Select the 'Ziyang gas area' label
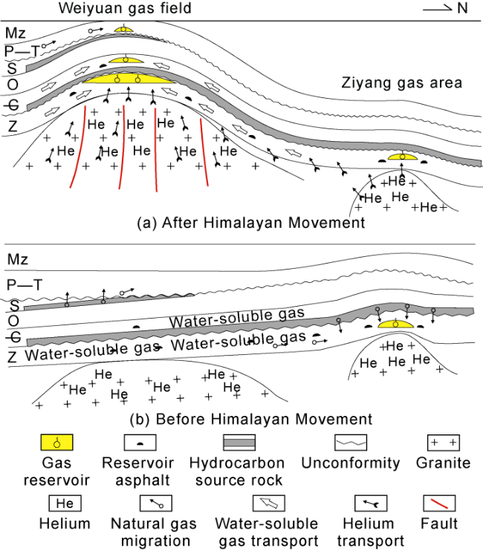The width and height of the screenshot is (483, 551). pyautogui.click(x=401, y=82)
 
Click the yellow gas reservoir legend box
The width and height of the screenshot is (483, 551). pyautogui.click(x=56, y=443)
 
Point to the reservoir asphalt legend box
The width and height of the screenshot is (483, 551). pyautogui.click(x=142, y=443)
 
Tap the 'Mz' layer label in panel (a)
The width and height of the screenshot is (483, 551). pyautogui.click(x=16, y=32)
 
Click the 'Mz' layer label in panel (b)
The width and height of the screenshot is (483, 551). pyautogui.click(x=17, y=259)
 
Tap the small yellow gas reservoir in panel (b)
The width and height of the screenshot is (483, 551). pyautogui.click(x=395, y=325)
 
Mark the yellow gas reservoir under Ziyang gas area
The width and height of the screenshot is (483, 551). pyautogui.click(x=402, y=157)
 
